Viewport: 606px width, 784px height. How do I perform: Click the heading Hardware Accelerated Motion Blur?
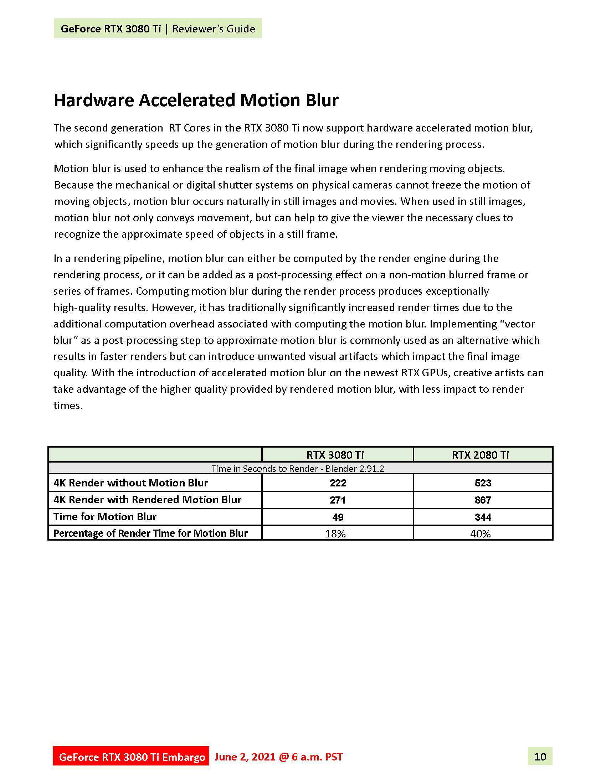[x=196, y=100]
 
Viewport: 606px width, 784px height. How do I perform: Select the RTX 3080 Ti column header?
[x=335, y=455]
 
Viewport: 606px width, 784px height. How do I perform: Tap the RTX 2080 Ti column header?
[x=480, y=455]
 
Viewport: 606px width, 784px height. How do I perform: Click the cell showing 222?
[x=338, y=483]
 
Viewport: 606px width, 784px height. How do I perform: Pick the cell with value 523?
[x=483, y=483]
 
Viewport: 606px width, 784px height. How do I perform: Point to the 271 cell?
[x=338, y=500]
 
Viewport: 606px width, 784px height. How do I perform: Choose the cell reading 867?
[x=483, y=500]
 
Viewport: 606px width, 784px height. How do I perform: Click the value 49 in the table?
[x=338, y=517]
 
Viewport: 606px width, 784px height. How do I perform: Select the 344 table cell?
[x=483, y=517]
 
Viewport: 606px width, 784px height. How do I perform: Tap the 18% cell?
[x=335, y=534]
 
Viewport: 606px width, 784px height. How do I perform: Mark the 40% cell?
[x=481, y=534]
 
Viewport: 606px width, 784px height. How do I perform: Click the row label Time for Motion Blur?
[x=105, y=517]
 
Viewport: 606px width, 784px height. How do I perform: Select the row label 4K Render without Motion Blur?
[x=131, y=483]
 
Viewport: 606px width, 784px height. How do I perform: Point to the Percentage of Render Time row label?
[x=150, y=533]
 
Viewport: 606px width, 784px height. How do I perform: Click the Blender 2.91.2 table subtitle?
[x=298, y=469]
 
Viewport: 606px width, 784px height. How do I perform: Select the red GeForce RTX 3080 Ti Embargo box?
[x=132, y=757]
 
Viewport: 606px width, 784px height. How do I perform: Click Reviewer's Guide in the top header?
[x=214, y=29]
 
